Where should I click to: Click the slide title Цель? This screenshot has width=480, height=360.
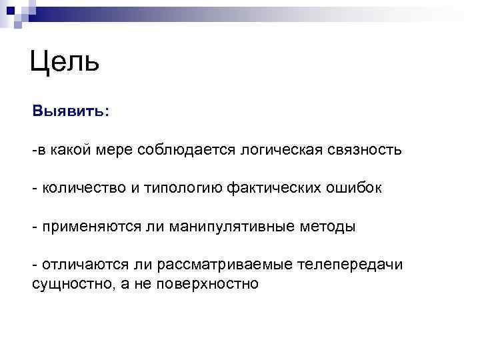click(65, 62)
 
